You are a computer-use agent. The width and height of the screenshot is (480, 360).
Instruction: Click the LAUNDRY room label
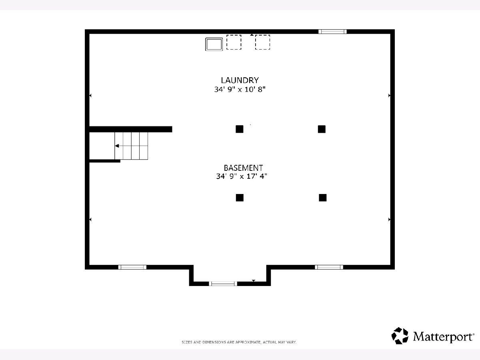point(240,80)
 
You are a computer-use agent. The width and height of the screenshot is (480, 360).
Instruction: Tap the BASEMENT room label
point(243,168)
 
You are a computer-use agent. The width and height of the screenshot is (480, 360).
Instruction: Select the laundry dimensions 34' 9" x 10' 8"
point(240,89)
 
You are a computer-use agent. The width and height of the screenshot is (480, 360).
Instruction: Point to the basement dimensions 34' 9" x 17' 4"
point(242,176)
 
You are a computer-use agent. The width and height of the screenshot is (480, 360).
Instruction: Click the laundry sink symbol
point(214,44)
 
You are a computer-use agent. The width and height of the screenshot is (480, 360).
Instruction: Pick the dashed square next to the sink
point(234,42)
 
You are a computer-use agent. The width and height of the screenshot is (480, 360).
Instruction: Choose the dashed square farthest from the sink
point(262,42)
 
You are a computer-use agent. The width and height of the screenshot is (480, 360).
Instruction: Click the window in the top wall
point(332,32)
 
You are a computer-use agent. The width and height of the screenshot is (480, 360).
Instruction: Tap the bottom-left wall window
point(132,267)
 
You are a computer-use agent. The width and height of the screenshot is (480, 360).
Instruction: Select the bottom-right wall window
point(329,267)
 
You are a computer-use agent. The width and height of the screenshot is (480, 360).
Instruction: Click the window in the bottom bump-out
point(223,284)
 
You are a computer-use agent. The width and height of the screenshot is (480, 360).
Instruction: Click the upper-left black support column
point(240,129)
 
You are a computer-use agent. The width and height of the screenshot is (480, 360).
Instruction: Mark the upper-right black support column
point(322,129)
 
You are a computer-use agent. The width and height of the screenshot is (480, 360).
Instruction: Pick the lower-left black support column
point(240,198)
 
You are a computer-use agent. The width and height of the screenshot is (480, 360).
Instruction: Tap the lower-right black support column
point(323,198)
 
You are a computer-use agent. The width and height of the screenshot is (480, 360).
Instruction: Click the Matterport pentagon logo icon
point(400,336)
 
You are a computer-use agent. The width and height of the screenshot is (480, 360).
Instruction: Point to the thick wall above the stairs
point(130,129)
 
